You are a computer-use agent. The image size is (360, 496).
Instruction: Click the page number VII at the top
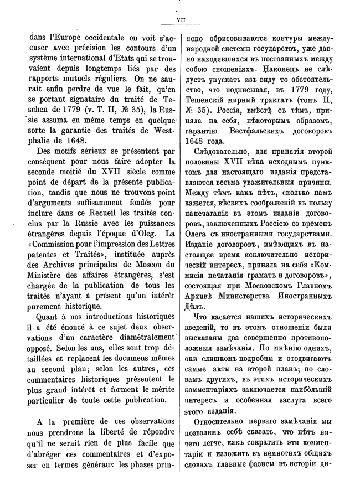[181, 20]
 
